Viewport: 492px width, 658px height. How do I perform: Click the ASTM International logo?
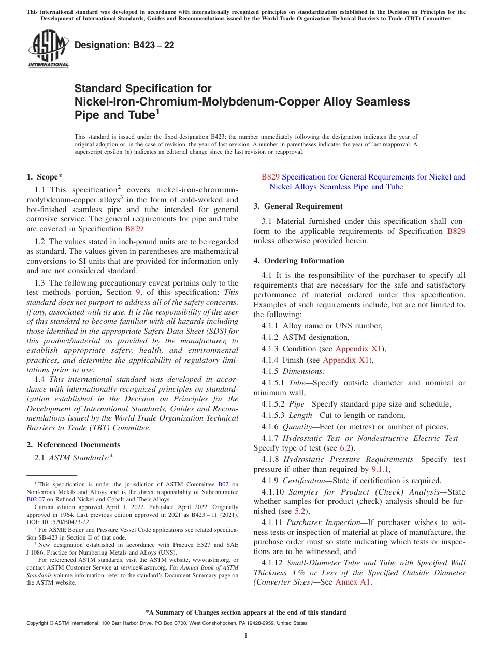48,49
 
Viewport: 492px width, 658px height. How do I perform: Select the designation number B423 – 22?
124,45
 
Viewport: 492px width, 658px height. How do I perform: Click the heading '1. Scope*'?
45,176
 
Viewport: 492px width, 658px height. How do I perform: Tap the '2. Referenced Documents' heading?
73,445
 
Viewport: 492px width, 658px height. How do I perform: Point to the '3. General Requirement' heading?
298,206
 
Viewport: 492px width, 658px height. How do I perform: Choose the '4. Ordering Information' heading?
299,261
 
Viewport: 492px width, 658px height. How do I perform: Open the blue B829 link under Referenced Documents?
271,177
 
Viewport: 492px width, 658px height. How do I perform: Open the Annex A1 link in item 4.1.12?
353,582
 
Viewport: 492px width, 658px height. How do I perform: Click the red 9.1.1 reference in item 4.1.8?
380,469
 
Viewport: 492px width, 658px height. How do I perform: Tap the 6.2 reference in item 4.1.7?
345,448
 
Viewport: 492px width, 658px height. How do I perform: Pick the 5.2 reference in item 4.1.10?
300,511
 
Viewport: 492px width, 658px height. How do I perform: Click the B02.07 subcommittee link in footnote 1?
36,500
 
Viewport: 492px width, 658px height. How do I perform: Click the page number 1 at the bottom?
246,636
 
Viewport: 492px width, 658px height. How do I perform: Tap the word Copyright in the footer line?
38,623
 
